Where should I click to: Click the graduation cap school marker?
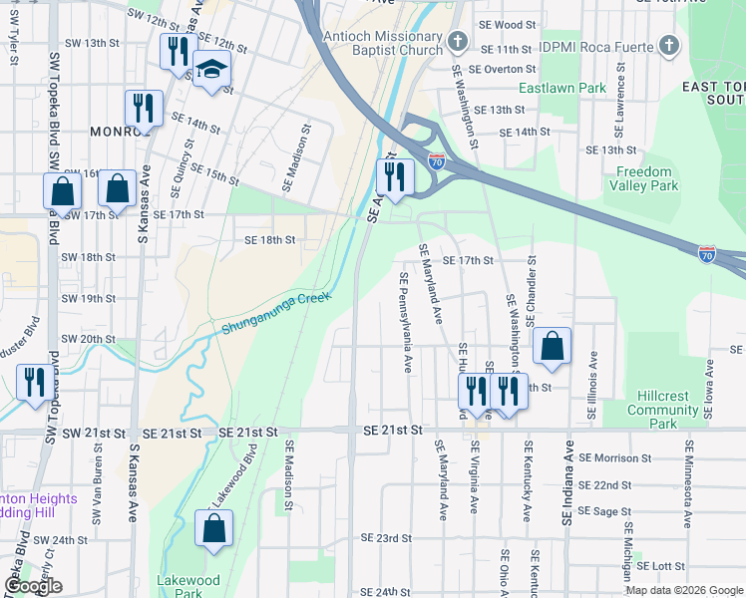pos(211,71)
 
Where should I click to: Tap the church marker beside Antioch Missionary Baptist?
pos(458,41)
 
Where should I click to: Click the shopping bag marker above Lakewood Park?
pos(214,529)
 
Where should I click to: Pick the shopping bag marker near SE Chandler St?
pos(553,347)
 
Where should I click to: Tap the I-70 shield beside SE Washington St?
pos(436,159)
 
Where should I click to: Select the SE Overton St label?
pos(503,69)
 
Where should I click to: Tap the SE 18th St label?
pos(270,240)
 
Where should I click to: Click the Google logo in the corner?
pos(33,585)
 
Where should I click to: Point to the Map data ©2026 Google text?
pos(682,590)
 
